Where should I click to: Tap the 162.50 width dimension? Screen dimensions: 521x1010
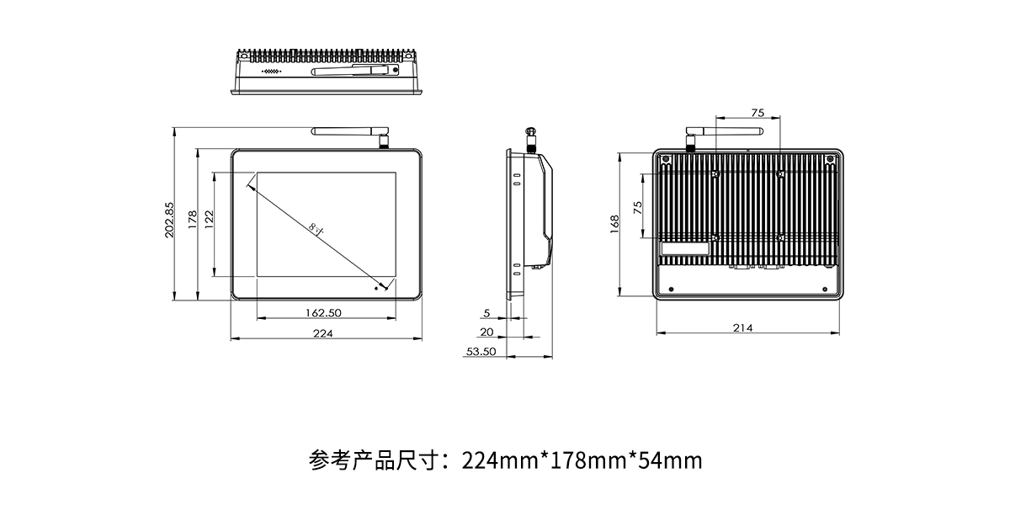pos(322,312)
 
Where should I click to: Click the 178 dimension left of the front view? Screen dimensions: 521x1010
pos(192,221)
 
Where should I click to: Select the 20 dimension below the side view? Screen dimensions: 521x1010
pos(486,332)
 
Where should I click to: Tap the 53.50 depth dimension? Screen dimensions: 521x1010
pos(481,352)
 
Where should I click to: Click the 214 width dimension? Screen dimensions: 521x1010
pos(742,327)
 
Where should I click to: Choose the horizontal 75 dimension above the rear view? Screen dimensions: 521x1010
pos(757,112)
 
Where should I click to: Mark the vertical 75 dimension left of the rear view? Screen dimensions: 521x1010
pos(637,207)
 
